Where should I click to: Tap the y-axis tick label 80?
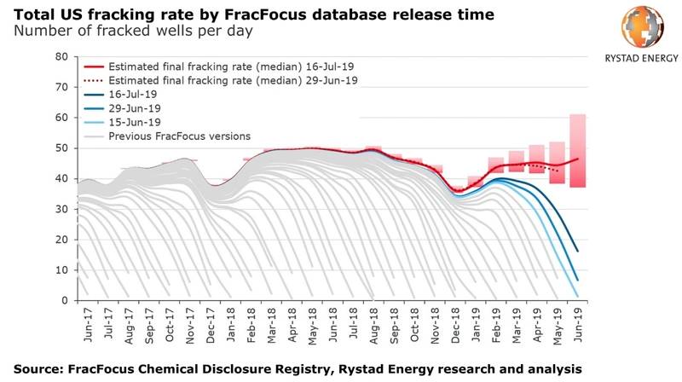(61, 56)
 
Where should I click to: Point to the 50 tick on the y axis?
(61, 148)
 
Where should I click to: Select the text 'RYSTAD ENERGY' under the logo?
(638, 58)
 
